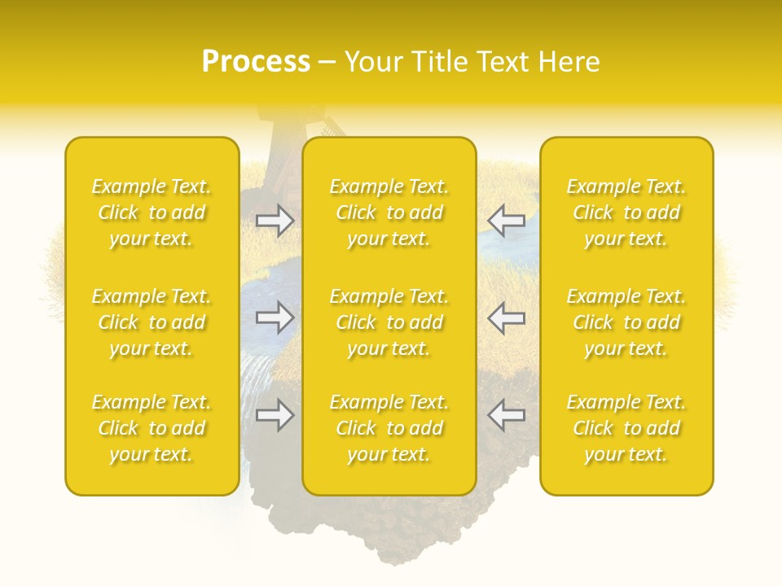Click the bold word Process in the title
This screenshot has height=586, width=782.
click(256, 62)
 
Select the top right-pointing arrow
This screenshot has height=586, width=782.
click(275, 221)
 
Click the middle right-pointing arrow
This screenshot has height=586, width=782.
click(275, 317)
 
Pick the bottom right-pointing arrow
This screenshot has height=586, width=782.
click(275, 415)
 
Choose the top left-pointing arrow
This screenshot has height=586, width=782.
click(506, 221)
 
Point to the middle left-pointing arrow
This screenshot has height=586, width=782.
click(506, 317)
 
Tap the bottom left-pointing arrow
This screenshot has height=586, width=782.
click(506, 415)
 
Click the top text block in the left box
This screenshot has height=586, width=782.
click(152, 212)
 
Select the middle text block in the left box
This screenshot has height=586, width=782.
click(152, 322)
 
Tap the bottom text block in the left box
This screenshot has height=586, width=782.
click(152, 428)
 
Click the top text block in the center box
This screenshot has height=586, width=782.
click(389, 212)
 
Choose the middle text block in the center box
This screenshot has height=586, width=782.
click(389, 322)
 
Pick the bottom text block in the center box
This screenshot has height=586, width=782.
click(389, 428)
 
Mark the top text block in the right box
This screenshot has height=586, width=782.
click(626, 212)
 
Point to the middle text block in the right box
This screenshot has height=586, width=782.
click(626, 322)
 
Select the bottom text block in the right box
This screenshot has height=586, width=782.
click(626, 428)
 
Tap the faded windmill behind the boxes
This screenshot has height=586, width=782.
click(281, 126)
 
